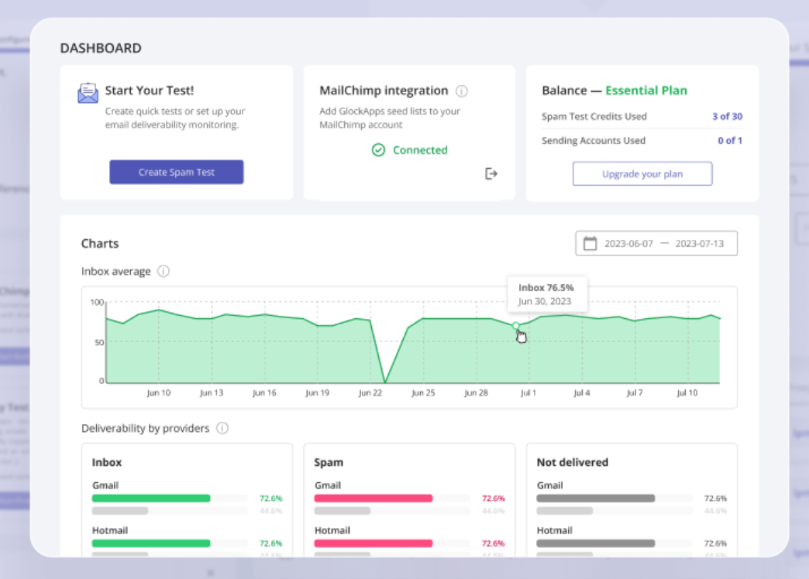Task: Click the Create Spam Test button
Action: [x=176, y=172]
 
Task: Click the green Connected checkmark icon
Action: [x=378, y=150]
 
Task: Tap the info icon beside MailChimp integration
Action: [x=462, y=91]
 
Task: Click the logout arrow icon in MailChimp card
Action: [x=491, y=173]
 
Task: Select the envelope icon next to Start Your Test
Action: [x=88, y=93]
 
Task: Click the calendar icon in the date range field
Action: [x=590, y=243]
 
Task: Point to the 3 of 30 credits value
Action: [x=726, y=117]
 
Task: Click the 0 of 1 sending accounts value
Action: [x=729, y=141]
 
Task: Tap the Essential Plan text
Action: [x=645, y=91]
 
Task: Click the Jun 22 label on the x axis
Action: [x=370, y=393]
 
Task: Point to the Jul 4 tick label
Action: [x=581, y=393]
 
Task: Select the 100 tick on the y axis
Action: [x=97, y=302]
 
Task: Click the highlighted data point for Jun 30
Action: [x=516, y=325]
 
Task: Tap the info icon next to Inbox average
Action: [x=164, y=272]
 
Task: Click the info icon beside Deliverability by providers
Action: [x=222, y=428]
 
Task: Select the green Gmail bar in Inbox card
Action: [x=151, y=498]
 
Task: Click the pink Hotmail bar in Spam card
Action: [x=373, y=543]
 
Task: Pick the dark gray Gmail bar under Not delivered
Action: [x=595, y=498]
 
